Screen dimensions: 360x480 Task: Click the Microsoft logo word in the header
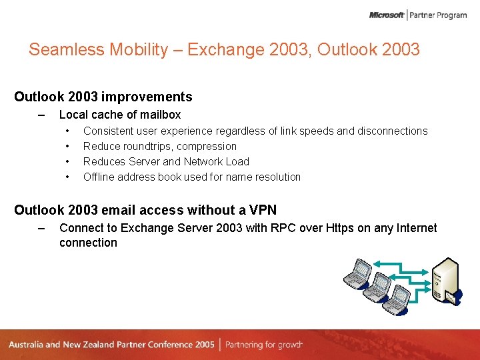pyautogui.click(x=387, y=15)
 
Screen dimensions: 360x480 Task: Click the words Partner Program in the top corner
pyautogui.click(x=438, y=15)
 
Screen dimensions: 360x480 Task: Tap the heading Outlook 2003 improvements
pyautogui.click(x=103, y=97)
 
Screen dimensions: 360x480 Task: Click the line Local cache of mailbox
pyautogui.click(x=120, y=115)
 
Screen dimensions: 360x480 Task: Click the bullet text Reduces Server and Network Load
pyautogui.click(x=166, y=162)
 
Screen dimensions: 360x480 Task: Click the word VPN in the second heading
pyautogui.click(x=262, y=211)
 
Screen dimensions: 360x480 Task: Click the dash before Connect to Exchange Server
pyautogui.click(x=41, y=228)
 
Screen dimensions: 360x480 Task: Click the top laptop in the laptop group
pyautogui.click(x=358, y=270)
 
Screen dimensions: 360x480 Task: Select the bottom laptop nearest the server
pyautogui.click(x=399, y=298)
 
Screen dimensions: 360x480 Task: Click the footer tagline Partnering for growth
pyautogui.click(x=264, y=345)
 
